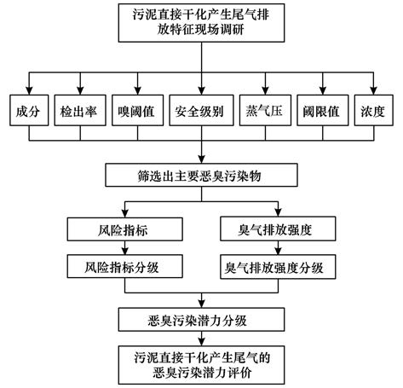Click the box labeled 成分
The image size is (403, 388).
coord(29,110)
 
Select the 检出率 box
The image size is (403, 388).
coord(80,110)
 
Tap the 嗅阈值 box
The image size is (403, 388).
coord(138,110)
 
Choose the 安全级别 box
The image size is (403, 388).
coord(201,110)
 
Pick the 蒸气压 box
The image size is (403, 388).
coord(265,110)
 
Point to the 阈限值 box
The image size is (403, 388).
coord(323,110)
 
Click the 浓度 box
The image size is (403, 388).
coord(374,110)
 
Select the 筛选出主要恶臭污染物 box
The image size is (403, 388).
coord(201,175)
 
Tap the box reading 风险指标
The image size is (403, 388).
coord(125,229)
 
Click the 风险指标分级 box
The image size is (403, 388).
coord(125,266)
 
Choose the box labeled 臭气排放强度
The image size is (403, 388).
coord(278,229)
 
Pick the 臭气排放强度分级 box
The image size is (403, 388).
coord(278,267)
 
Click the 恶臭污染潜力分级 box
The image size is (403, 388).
coord(201,320)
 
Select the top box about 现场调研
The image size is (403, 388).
coord(201,23)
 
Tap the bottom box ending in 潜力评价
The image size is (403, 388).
coord(201,365)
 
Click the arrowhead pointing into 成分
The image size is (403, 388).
coord(29,91)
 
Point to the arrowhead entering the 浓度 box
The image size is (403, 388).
coord(374,91)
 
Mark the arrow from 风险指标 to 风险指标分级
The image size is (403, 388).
coord(125,247)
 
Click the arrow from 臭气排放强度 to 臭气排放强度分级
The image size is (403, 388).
coord(278,247)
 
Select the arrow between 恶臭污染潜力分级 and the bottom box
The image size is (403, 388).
coord(201,339)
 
